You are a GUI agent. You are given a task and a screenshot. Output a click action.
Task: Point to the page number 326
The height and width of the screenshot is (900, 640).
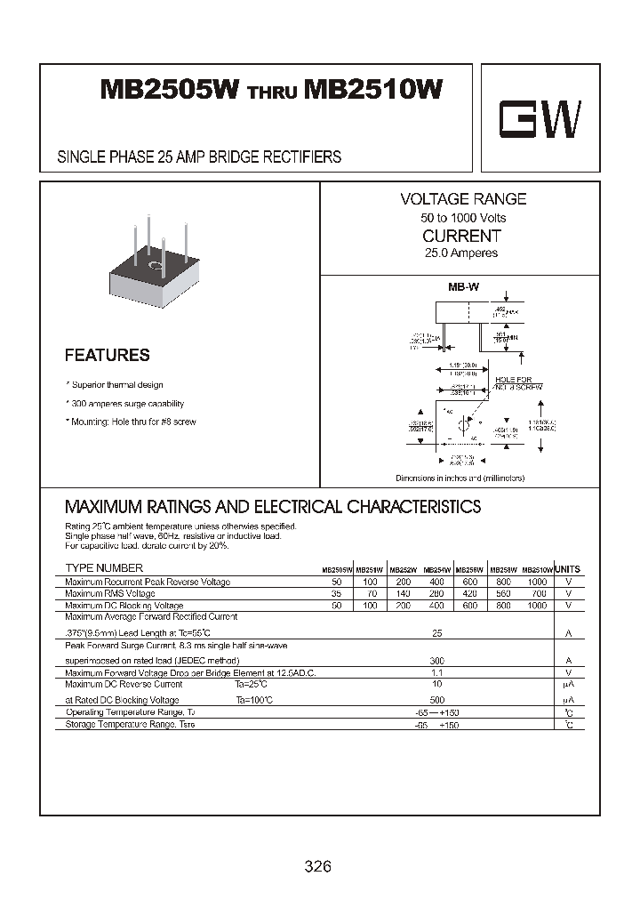[x=317, y=866]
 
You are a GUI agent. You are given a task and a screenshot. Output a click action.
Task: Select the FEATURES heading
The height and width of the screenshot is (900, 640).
[x=108, y=355]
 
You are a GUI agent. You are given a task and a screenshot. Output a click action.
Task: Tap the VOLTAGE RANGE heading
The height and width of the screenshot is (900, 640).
[x=462, y=199]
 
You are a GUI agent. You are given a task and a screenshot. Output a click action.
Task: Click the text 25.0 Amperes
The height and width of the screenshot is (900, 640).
[x=460, y=253]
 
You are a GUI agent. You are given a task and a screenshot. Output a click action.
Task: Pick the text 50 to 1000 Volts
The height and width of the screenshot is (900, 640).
[x=463, y=218]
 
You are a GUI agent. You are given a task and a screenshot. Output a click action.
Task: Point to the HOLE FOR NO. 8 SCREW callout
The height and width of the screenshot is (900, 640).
[x=518, y=383]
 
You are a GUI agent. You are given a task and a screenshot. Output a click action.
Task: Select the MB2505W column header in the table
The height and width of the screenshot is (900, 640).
[x=337, y=569]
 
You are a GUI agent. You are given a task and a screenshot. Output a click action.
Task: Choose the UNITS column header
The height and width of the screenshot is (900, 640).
[x=566, y=569]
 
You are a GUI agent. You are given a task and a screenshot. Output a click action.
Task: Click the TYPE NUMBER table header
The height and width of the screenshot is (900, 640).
[x=104, y=568]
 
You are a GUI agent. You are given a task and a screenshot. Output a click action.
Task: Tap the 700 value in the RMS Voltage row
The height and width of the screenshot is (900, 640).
[x=537, y=593]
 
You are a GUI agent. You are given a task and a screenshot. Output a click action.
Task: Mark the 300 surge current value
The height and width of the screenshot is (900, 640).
[x=436, y=662]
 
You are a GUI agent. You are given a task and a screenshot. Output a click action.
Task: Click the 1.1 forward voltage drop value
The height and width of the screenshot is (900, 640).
[x=436, y=673]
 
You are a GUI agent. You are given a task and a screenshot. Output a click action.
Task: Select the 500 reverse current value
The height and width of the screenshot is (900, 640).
[x=436, y=700]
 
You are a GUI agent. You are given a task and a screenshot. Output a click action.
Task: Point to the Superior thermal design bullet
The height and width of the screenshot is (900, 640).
[x=116, y=385]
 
